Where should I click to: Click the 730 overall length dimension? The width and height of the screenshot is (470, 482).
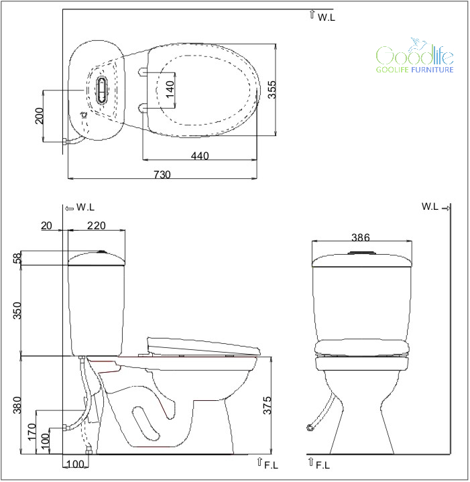coord(162,174)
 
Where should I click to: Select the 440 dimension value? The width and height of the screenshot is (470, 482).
coord(200,156)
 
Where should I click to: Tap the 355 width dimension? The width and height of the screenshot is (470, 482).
coord(272,89)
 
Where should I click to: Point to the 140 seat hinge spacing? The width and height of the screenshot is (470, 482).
coord(170,89)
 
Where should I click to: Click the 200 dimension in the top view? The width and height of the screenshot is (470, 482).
coord(40,115)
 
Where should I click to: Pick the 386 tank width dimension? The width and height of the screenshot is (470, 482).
coord(361,237)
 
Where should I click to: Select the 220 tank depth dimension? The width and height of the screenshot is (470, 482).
coord(97,225)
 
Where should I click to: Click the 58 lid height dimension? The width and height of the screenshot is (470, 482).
coord(18,257)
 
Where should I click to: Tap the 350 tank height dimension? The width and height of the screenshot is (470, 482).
coord(17,310)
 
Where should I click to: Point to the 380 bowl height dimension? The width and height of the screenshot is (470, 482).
coord(17,405)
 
